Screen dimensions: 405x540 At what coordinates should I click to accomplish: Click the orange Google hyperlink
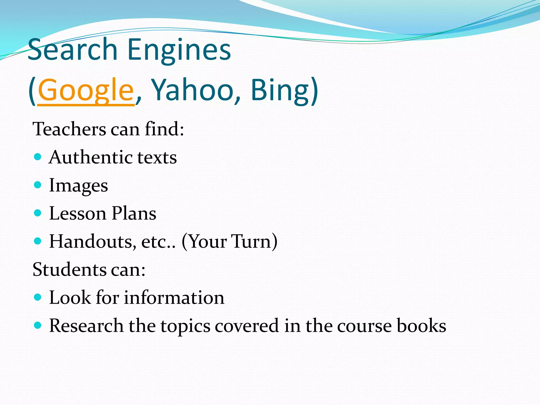pyautogui.click(x=86, y=90)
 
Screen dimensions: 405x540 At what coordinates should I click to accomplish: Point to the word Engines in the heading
pyautogui.click(x=179, y=50)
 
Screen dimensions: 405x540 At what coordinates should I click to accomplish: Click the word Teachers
pyautogui.click(x=69, y=129)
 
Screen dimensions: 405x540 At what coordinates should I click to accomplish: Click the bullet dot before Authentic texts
pyautogui.click(x=38, y=157)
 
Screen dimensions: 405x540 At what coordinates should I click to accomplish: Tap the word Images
pyautogui.click(x=79, y=186)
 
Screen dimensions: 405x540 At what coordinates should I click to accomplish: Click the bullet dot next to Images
pyautogui.click(x=38, y=185)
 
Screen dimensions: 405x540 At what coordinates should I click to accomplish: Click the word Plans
pyautogui.click(x=134, y=213)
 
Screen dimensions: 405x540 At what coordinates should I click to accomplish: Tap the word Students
pyautogui.click(x=69, y=270)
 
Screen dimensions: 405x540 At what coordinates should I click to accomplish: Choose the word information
pyautogui.click(x=174, y=298)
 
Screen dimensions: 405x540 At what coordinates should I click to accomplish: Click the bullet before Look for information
pyautogui.click(x=38, y=297)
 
